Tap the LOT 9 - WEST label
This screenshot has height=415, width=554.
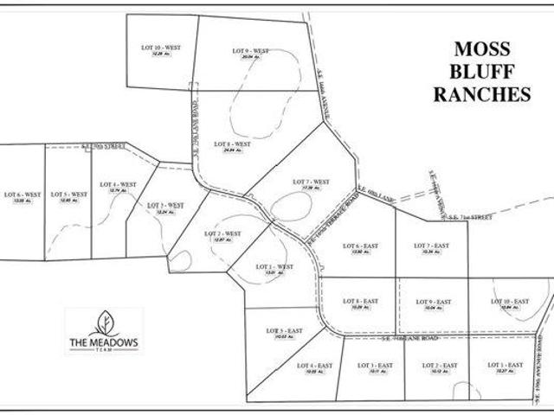[251, 52]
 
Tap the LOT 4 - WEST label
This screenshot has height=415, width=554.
[118, 184]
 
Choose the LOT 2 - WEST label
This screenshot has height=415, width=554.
[222, 233]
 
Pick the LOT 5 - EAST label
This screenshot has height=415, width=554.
[285, 331]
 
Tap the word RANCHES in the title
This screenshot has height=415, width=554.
[482, 95]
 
